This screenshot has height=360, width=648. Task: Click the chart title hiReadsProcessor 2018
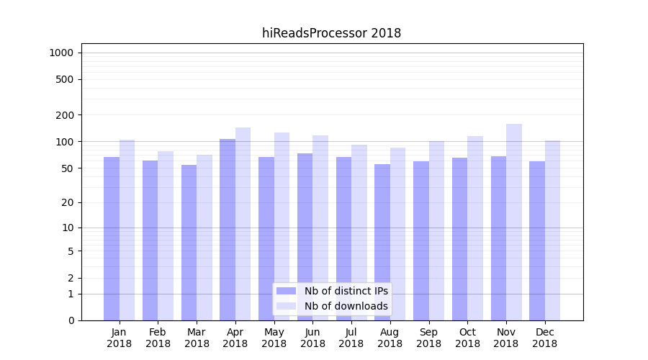coord(331,33)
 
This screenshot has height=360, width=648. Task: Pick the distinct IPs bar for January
coord(112,238)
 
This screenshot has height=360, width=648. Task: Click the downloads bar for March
coord(204,238)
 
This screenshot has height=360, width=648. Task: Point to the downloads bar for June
coord(320,228)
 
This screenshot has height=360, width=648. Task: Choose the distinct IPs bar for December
coord(537,240)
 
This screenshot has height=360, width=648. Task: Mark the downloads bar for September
coord(436,230)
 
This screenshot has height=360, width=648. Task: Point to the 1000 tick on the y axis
coord(61,53)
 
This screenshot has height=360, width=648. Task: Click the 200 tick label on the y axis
coord(65,115)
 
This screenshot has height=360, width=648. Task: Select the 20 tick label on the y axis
coord(68,202)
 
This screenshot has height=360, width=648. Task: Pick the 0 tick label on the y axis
coord(71,320)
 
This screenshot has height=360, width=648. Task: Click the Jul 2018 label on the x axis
coord(351,338)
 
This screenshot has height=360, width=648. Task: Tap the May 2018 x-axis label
coord(274,338)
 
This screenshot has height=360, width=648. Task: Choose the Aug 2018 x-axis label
coord(390,338)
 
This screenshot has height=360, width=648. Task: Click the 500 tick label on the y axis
coord(65,79)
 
